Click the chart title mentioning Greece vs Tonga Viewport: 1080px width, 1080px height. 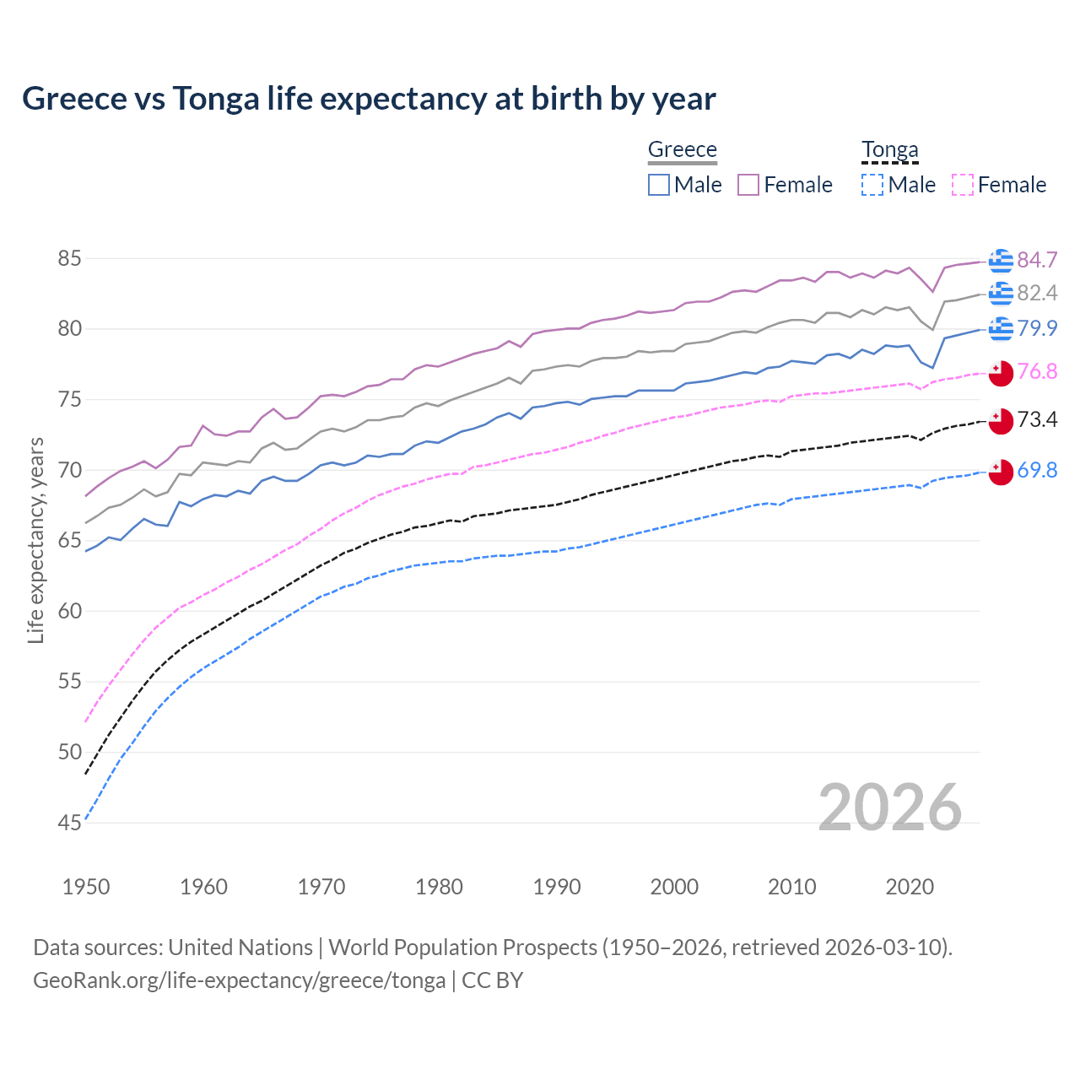(x=369, y=99)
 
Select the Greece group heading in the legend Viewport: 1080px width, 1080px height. (x=682, y=149)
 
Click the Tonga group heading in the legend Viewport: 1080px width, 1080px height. (x=889, y=149)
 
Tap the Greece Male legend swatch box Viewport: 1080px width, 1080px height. (x=659, y=185)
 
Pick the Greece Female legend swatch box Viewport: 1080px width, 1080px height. (x=748, y=185)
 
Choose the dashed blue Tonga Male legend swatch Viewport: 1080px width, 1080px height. (x=872, y=185)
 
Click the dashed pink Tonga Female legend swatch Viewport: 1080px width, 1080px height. (x=963, y=185)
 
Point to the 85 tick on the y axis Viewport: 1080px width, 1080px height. (x=69, y=258)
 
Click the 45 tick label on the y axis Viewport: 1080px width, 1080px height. (x=69, y=823)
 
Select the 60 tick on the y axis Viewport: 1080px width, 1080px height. (x=69, y=611)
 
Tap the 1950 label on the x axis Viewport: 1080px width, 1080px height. (x=86, y=887)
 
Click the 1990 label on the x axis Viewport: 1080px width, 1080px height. (x=557, y=887)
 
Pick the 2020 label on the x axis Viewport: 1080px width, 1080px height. (x=910, y=887)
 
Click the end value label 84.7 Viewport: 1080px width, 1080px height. (x=1037, y=260)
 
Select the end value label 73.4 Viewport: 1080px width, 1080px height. (x=1037, y=419)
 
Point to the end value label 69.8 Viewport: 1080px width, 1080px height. (x=1037, y=470)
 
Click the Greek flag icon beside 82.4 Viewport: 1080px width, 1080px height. (x=1001, y=293)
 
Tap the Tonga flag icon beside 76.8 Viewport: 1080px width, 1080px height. (x=1001, y=373)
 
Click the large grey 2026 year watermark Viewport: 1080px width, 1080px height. (x=889, y=807)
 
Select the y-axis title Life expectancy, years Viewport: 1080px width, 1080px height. (x=35, y=540)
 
